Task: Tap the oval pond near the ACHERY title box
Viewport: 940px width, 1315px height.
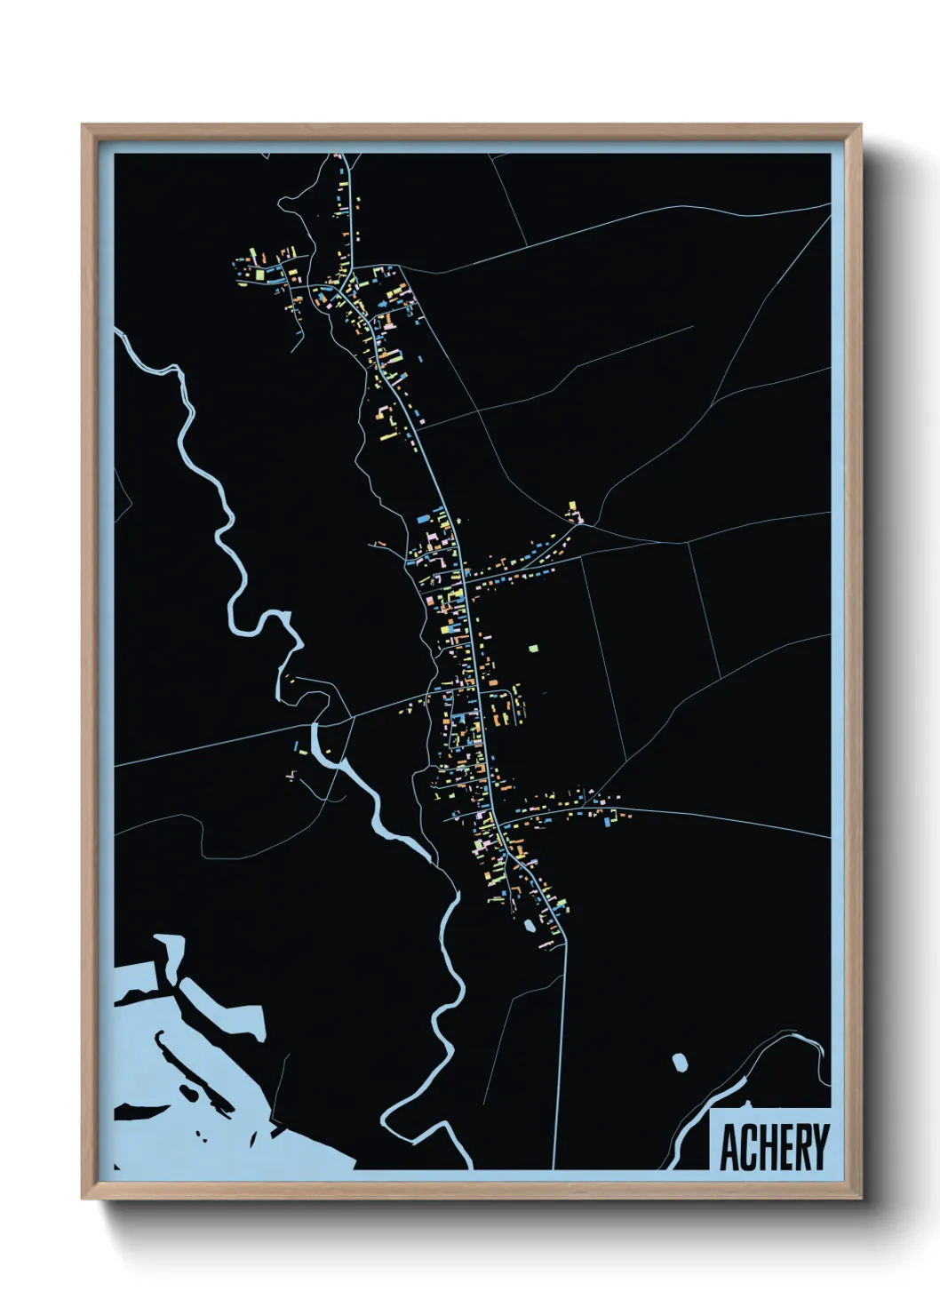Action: click(x=680, y=1061)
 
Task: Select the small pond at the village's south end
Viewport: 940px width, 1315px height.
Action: click(x=530, y=926)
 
